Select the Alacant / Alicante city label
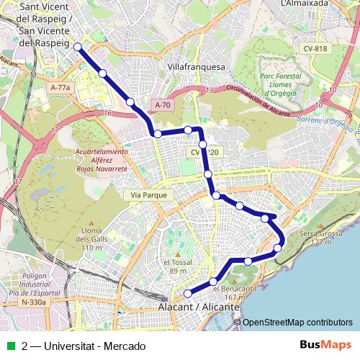click(198, 307)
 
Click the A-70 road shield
click(162, 105)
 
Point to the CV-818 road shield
click(316, 48)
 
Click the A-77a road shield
click(61, 87)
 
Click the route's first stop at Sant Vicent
click(77, 48)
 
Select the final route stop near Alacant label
click(189, 293)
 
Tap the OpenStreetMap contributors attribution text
click(297, 323)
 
